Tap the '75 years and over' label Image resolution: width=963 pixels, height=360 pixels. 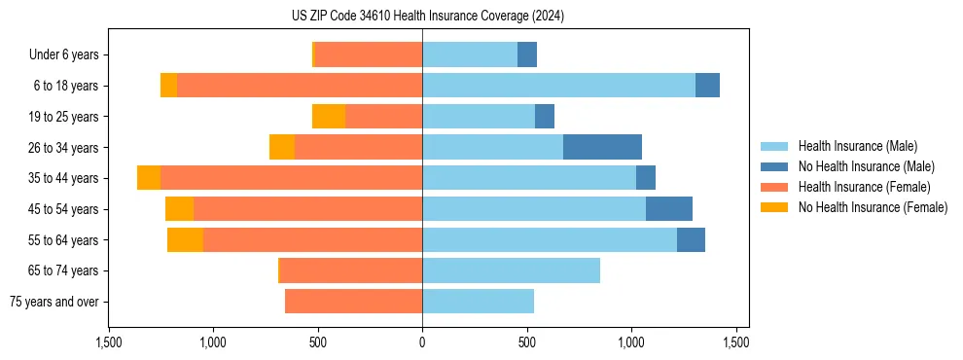tap(54, 302)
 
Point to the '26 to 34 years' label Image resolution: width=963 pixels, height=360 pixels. tap(63, 148)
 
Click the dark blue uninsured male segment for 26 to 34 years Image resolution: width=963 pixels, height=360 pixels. tap(602, 147)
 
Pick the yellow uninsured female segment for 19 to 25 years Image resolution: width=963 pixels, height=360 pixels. tap(329, 117)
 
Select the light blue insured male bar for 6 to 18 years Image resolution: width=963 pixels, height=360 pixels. tap(558, 86)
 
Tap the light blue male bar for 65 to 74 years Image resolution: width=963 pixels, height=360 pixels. tap(511, 270)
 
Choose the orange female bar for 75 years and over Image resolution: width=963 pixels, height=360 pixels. tap(353, 302)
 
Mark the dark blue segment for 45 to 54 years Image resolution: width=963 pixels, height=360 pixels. tap(669, 209)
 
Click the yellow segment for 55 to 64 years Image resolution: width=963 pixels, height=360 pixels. tap(185, 240)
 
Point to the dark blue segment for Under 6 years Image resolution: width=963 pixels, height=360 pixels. tap(527, 55)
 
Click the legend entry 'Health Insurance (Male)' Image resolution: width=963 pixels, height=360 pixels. tap(857, 146)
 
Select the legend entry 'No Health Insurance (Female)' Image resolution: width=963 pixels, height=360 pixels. tap(873, 207)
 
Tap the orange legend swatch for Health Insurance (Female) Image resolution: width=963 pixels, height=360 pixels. tap(774, 187)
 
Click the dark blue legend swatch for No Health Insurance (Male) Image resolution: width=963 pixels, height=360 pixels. tap(774, 166)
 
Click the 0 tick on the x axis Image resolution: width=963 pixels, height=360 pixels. tap(422, 343)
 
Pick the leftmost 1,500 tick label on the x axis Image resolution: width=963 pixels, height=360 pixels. tap(109, 343)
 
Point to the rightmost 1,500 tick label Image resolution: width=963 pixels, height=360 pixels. tap(735, 343)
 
